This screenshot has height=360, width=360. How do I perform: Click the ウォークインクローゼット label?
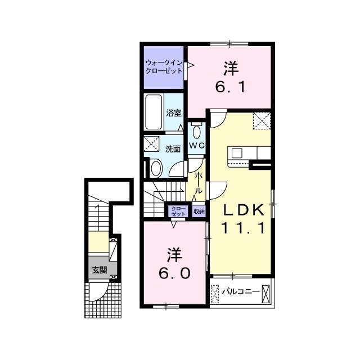164,66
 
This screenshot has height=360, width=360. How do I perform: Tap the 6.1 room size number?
230,87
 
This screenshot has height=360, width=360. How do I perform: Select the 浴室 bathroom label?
174,113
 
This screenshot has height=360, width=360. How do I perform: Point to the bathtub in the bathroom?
154,112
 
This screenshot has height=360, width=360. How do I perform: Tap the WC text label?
196,146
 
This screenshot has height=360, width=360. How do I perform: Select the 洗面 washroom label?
173,149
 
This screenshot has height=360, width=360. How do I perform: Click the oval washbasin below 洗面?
156,168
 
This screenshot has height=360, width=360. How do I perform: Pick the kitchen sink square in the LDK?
237,153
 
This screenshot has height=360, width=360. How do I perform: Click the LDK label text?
244,210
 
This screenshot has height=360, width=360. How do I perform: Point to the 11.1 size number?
244,229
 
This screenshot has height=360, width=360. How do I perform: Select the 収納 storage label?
199,211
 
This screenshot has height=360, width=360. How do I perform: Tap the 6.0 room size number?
175,273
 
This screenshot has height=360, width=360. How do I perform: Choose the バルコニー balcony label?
241,291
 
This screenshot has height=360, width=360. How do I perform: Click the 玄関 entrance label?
100,270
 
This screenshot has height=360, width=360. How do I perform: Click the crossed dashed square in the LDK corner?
262,120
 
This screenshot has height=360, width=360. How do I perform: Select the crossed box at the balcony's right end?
265,294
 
